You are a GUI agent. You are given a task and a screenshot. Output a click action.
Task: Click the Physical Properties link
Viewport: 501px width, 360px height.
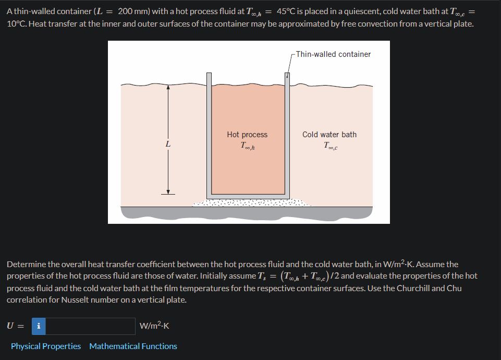pyautogui.click(x=46, y=346)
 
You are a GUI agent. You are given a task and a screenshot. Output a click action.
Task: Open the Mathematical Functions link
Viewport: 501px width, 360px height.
pyautogui.click(x=133, y=346)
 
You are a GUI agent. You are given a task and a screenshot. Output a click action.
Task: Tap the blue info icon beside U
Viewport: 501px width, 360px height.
pyautogui.click(x=38, y=326)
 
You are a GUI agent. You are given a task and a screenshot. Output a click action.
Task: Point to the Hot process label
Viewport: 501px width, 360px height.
pyautogui.click(x=247, y=135)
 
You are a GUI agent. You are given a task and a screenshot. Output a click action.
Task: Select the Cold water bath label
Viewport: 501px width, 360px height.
pyautogui.click(x=329, y=135)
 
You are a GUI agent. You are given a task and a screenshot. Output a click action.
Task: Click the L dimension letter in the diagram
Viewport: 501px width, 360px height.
pyautogui.click(x=167, y=144)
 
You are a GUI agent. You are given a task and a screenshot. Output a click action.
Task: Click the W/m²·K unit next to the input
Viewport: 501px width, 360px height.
pyautogui.click(x=154, y=327)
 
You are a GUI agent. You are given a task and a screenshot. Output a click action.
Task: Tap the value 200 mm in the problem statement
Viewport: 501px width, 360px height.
pyautogui.click(x=133, y=11)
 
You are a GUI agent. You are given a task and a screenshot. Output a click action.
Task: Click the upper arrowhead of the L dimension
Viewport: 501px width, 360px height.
pyautogui.click(x=168, y=88)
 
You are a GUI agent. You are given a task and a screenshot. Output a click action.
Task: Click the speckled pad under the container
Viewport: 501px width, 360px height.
pyautogui.click(x=250, y=203)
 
